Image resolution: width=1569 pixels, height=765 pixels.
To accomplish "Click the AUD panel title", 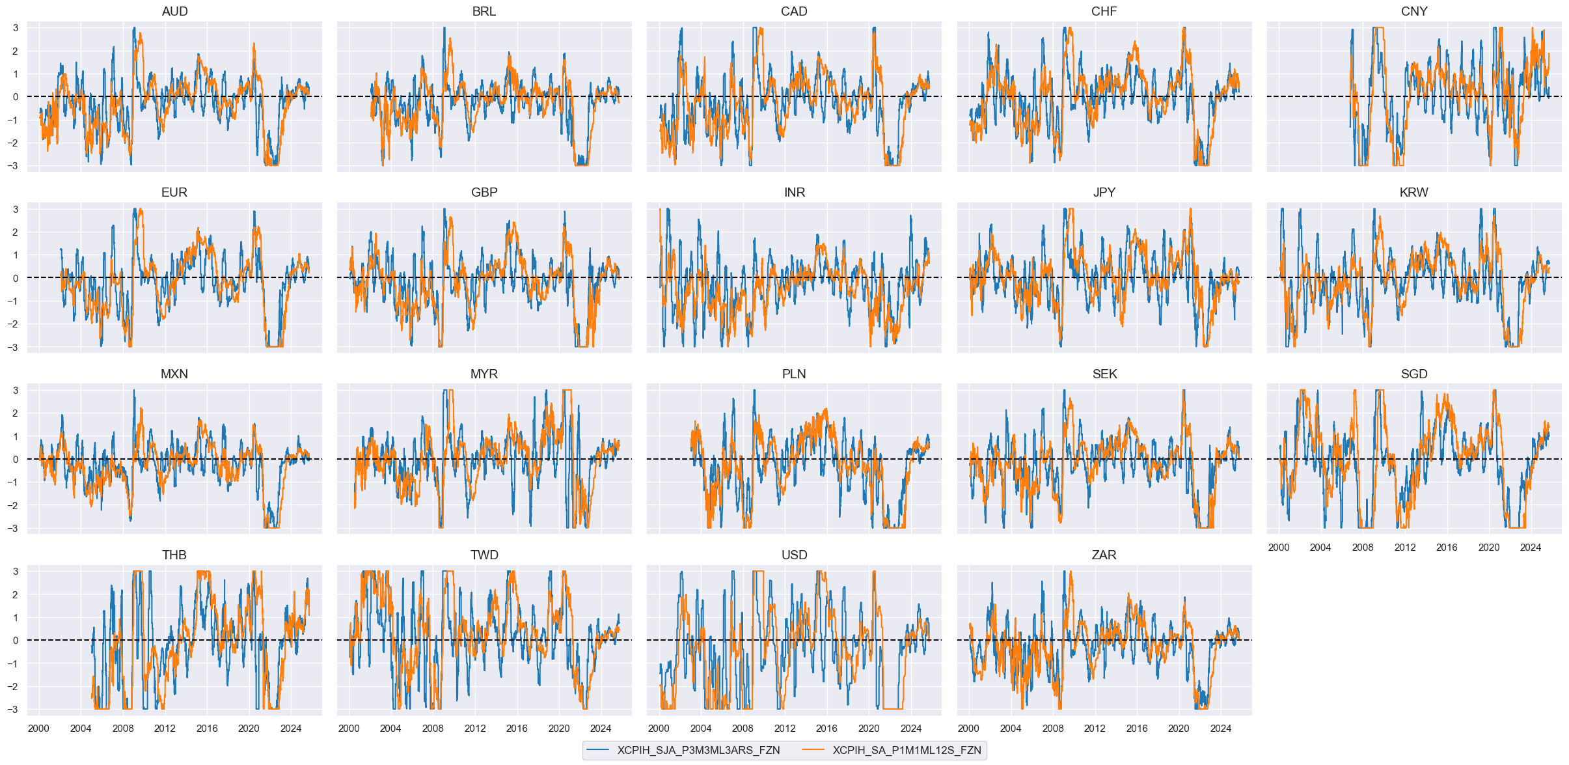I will click(x=174, y=12).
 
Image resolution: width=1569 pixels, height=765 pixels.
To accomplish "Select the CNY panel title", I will click(x=1414, y=12).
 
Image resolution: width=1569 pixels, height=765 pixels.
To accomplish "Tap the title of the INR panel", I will click(x=794, y=193).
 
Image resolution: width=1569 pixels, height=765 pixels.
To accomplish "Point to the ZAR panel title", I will click(x=1104, y=555).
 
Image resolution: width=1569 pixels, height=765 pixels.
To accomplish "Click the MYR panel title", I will click(x=484, y=374).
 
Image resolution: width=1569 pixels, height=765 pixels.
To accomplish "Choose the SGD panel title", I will click(x=1414, y=374).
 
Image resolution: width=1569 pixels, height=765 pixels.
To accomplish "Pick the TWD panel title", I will click(x=484, y=555).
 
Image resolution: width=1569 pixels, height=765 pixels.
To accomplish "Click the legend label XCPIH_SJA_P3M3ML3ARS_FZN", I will click(x=698, y=750).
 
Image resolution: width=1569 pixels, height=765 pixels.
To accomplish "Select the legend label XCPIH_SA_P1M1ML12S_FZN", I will click(x=907, y=750).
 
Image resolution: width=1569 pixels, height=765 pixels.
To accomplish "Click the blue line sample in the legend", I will click(x=597, y=750).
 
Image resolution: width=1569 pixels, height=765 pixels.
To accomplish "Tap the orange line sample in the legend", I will click(x=813, y=750).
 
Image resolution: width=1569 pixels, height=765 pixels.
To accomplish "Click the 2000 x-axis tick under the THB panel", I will click(x=38, y=729).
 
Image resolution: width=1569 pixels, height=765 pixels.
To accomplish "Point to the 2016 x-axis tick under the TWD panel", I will click(x=517, y=729).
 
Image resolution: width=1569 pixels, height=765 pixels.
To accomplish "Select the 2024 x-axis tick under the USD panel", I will click(x=910, y=729).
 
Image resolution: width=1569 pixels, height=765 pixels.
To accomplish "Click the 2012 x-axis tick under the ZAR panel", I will click(x=1095, y=729).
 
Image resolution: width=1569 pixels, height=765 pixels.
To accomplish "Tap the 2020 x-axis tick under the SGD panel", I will click(x=1489, y=548).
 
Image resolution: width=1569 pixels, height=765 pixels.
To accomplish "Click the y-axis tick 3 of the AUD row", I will click(x=16, y=28).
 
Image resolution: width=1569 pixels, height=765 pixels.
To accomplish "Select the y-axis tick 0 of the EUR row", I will click(x=16, y=278).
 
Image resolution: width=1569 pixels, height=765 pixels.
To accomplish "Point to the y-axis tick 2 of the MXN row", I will click(x=16, y=413).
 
